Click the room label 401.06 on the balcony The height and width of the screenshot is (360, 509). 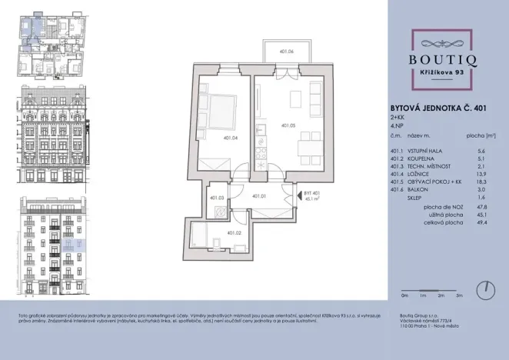pyautogui.click(x=287, y=52)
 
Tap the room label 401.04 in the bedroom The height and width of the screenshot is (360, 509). pyautogui.click(x=208, y=138)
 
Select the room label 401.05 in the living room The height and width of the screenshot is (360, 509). pyautogui.click(x=289, y=125)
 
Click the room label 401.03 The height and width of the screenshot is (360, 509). pyautogui.click(x=216, y=198)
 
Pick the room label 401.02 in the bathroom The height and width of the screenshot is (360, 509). pyautogui.click(x=233, y=233)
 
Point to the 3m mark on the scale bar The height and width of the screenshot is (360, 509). pyautogui.click(x=459, y=295)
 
